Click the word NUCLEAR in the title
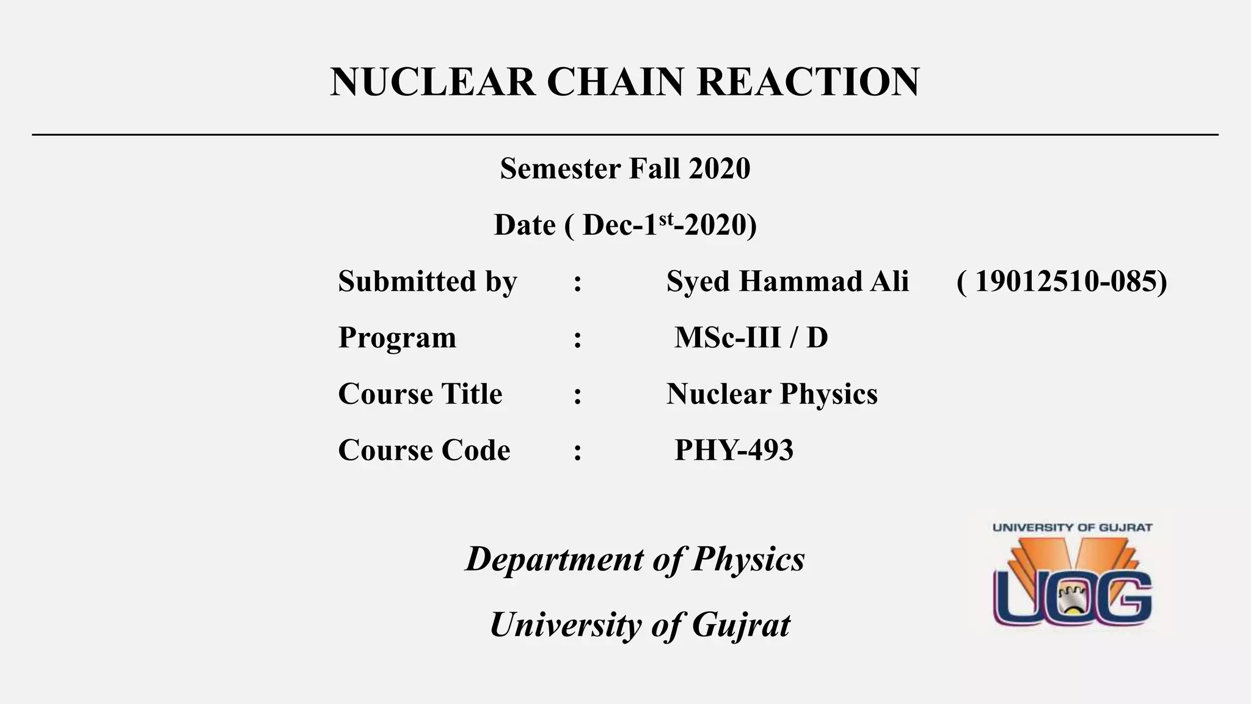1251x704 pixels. point(432,82)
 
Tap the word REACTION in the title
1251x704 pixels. point(808,82)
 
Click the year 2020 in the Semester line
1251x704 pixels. point(719,169)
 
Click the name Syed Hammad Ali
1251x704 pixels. point(787,282)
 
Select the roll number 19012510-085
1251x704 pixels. point(1062,282)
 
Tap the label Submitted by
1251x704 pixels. point(428,282)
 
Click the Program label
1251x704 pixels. point(397,338)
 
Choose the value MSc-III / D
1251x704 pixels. point(751,338)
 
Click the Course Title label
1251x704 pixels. point(420,394)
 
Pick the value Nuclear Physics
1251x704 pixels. point(771,394)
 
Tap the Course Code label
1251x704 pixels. point(424,450)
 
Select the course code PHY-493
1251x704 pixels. point(734,450)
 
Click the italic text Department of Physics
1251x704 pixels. point(635,559)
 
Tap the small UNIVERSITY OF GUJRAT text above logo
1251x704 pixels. point(1072,527)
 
